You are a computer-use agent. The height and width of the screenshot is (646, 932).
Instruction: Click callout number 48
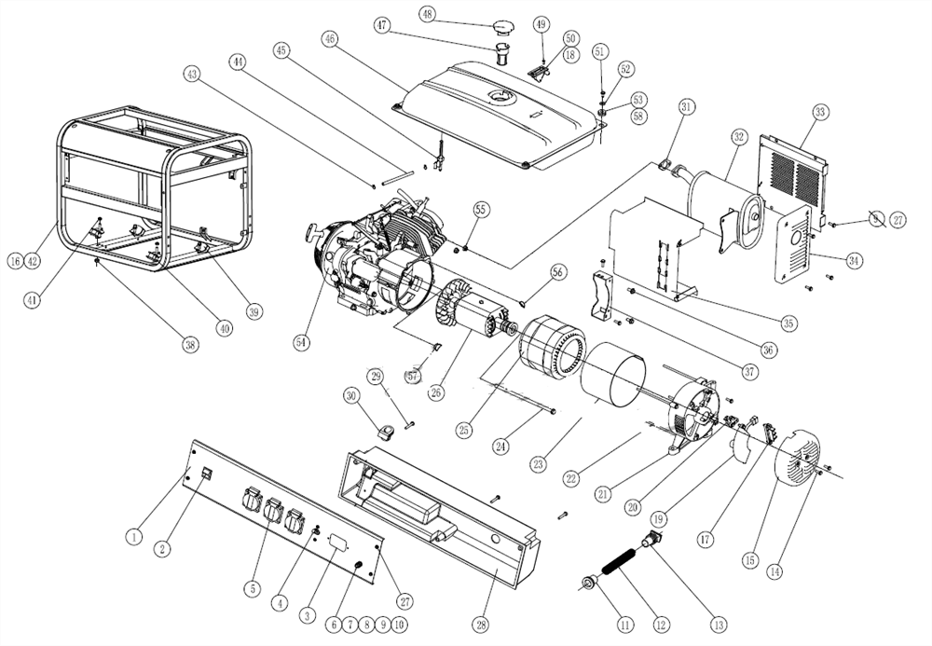tap(428, 14)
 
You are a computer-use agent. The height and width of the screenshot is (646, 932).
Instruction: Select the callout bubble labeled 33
tap(820, 113)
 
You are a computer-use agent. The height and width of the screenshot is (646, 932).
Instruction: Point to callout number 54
tap(301, 343)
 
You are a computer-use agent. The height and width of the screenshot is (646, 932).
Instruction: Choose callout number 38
tap(190, 344)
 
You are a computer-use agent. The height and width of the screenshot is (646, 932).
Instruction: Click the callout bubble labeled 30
tap(351, 395)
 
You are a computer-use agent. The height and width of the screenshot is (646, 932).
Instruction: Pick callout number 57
tap(413, 376)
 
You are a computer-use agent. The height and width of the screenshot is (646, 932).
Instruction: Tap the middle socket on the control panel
tap(273, 513)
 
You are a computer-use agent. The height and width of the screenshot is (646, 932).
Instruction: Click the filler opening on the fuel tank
tap(501, 96)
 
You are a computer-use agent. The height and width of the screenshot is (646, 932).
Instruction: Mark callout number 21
tap(603, 493)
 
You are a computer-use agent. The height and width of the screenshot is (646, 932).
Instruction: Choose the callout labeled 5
tap(252, 588)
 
